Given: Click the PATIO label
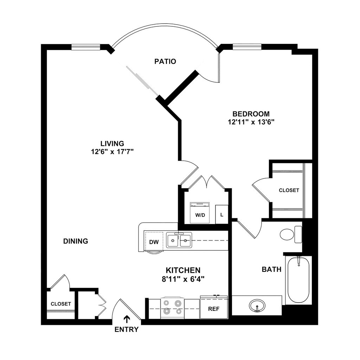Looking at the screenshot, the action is coord(165,62).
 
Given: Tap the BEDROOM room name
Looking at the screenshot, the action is coord(251,114).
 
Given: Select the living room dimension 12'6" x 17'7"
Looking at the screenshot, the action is coord(112,152).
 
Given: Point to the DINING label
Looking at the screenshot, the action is coord(76,241).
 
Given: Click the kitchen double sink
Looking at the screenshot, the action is coord(179,241).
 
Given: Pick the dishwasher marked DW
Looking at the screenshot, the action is coord(154,242).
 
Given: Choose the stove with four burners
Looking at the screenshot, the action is coord(173,307).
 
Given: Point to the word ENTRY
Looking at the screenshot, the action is coord(127,330).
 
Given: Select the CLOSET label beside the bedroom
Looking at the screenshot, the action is coord(289,190).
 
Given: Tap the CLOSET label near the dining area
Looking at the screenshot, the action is coord(61,304).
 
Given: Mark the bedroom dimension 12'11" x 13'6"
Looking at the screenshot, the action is coord(251,122).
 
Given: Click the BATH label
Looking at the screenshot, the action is coord(271,270).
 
